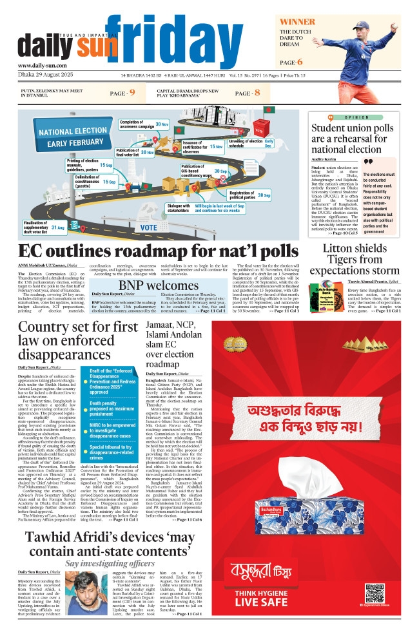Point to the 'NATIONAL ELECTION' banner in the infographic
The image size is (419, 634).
[x=73, y=132]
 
